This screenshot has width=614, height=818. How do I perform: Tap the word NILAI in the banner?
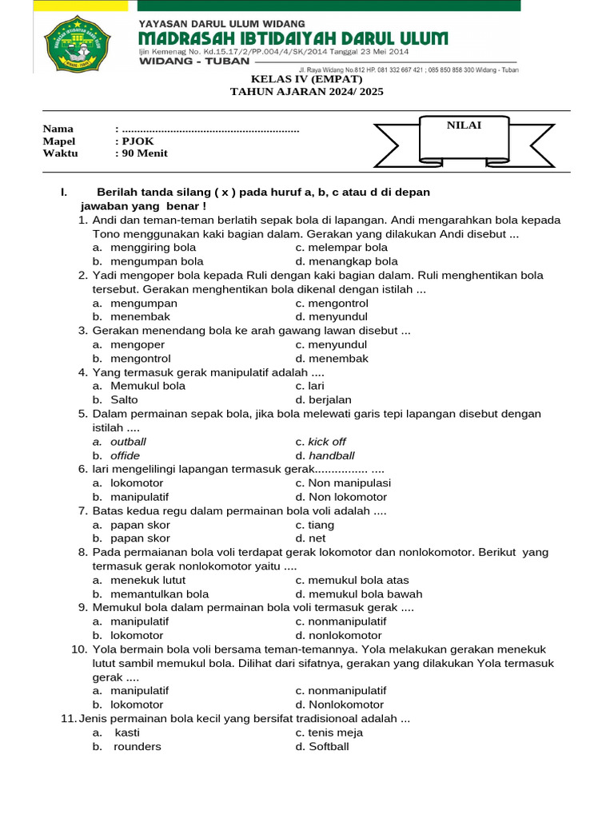464,125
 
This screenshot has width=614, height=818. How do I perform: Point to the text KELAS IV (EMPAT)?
307,79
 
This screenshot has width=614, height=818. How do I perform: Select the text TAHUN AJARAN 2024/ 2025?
307,92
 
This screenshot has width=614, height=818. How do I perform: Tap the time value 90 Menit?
145,153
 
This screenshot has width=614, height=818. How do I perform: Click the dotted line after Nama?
210,129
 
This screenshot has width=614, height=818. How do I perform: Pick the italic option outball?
128,442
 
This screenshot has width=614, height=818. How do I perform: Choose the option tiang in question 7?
321,525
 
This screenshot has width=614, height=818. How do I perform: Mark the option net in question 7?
317,538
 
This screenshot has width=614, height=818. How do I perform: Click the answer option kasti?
126,733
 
